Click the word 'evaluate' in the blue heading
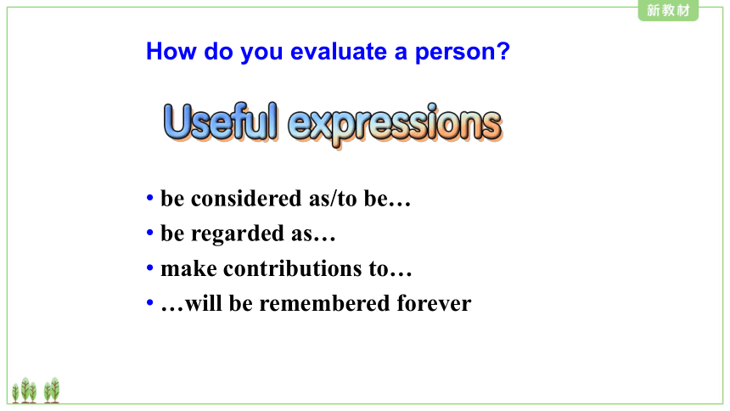tap(339, 51)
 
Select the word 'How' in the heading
tap(171, 51)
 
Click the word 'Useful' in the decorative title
tap(221, 121)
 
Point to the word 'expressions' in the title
tap(396, 125)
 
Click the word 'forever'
tap(434, 303)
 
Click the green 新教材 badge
tap(668, 10)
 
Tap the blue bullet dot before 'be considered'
tap(150, 198)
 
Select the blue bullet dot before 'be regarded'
tap(150, 233)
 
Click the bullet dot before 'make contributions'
tap(150, 268)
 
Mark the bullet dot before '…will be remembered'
tap(150, 303)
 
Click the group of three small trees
tap(25, 391)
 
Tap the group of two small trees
tap(52, 391)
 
